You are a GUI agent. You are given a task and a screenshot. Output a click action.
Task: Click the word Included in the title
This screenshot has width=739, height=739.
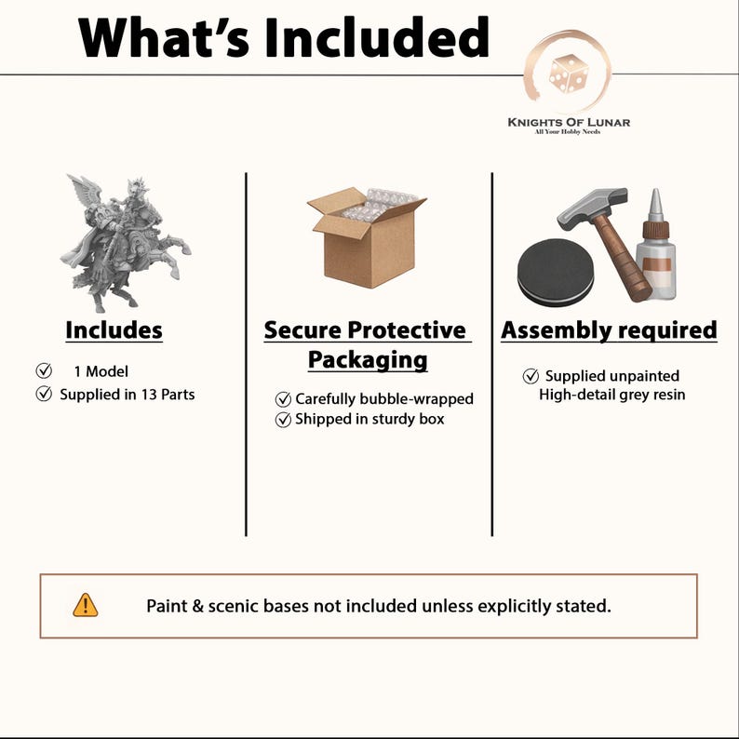pos(377,37)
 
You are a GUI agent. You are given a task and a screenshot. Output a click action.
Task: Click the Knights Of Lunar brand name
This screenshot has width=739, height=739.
pos(569,123)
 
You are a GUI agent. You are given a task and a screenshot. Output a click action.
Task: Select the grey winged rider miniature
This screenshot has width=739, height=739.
pos(126,243)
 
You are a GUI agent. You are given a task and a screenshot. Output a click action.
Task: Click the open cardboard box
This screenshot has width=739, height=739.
pos(366,237)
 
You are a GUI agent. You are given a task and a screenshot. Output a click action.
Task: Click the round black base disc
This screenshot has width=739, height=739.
pos(556,273)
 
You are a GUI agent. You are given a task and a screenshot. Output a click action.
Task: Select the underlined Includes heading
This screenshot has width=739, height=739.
pos(114,329)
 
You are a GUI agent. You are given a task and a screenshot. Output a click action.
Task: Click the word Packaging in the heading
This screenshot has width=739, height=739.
pos(368,360)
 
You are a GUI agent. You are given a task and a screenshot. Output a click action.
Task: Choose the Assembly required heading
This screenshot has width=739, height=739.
pos(609,329)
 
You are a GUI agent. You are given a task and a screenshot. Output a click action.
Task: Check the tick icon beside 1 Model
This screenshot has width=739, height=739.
pos(44,371)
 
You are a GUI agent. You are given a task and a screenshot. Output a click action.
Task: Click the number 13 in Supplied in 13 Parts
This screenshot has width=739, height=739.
pos(149,395)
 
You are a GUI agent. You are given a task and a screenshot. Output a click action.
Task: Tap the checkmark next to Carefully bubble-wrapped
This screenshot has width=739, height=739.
pos(283,399)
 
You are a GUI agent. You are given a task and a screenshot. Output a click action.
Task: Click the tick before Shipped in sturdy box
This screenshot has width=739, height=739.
pos(283,420)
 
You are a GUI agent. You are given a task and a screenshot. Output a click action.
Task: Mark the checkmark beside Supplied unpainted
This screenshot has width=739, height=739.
pos(531,376)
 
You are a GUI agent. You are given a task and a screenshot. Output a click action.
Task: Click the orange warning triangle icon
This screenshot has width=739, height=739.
pos(86,605)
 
